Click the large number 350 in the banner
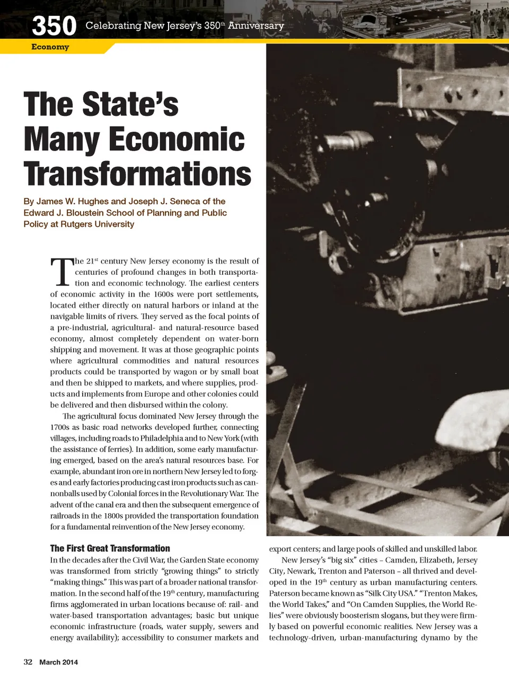coord(54,25)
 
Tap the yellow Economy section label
coord(50,47)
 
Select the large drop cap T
coord(62,272)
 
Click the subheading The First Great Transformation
coord(110,549)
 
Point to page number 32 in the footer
coord(28,662)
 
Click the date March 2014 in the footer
coord(58,662)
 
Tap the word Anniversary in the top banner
coord(256,25)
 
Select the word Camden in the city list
coord(404,560)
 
